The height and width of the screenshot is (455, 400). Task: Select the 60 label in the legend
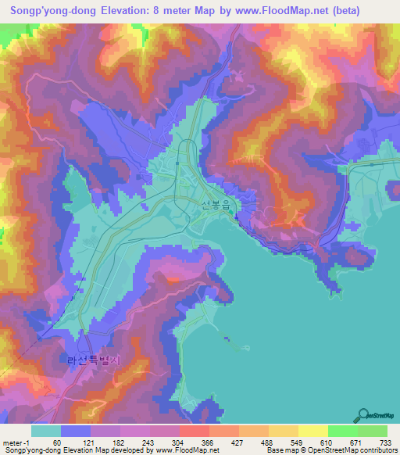57,443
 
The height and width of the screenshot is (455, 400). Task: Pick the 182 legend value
116,443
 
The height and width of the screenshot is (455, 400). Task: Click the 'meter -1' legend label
17,443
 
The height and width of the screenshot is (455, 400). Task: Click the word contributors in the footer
377,451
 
